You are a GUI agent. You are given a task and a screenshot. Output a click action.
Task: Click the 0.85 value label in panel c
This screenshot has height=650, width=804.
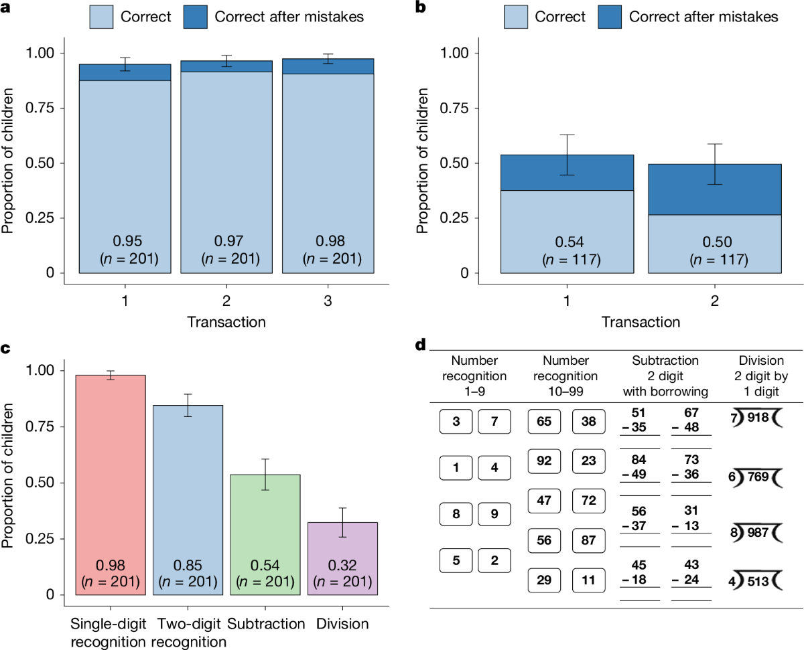pyautogui.click(x=188, y=566)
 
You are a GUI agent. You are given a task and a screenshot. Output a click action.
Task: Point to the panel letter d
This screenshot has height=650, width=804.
pyautogui.click(x=421, y=345)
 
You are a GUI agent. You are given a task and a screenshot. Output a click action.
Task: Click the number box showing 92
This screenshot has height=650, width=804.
pyautogui.click(x=544, y=461)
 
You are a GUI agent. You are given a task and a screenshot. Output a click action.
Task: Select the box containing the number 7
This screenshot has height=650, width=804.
pyautogui.click(x=494, y=422)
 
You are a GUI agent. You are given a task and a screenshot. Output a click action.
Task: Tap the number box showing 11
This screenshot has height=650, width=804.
pyautogui.click(x=588, y=579)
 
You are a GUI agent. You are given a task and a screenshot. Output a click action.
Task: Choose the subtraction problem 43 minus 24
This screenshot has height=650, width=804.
pyautogui.click(x=691, y=573)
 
